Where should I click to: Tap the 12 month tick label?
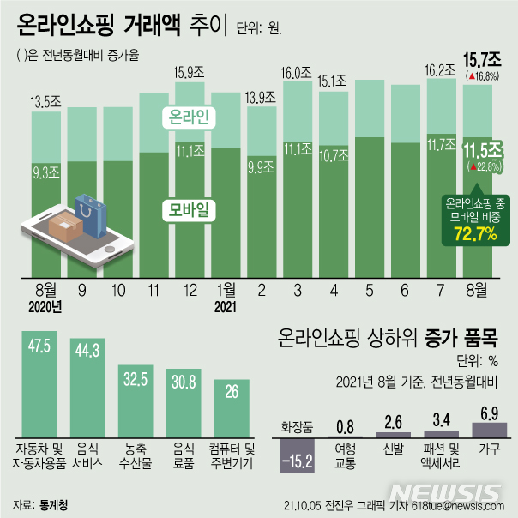click(188, 290)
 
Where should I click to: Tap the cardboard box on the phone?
click(65, 228)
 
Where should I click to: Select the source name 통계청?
click(52, 503)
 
